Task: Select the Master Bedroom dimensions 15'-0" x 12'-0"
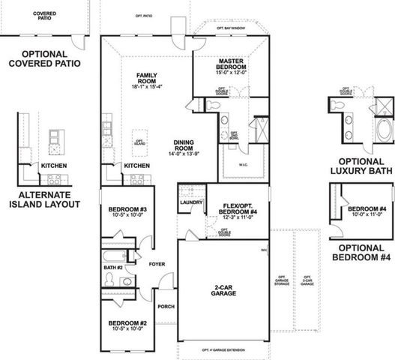click(232, 73)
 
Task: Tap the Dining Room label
click(184, 145)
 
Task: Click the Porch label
click(166, 306)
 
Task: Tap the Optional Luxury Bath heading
click(361, 165)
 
